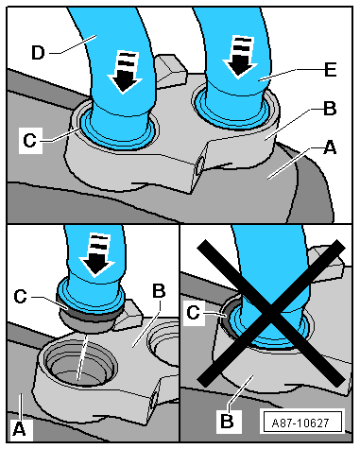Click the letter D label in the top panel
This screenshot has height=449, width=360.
(x=38, y=53)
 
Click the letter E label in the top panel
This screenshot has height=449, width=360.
(x=331, y=69)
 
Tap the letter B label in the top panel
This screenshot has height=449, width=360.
(x=330, y=109)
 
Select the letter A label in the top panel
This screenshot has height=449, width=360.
(x=330, y=147)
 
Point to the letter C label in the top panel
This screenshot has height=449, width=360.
(x=30, y=140)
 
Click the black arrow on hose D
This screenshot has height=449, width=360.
(x=123, y=72)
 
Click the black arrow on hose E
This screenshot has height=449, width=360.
(x=240, y=57)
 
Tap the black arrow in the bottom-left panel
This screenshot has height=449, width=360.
(x=96, y=255)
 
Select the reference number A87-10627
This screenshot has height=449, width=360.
(x=300, y=423)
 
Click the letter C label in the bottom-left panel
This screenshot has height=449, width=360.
(x=21, y=297)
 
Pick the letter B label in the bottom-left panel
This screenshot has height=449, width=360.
(x=159, y=291)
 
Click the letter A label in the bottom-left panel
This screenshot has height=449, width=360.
(x=19, y=429)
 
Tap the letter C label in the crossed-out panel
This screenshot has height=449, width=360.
(x=193, y=313)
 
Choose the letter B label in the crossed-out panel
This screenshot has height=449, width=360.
(x=227, y=422)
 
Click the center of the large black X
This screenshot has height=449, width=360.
(x=271, y=313)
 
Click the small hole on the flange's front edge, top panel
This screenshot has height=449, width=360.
(x=198, y=165)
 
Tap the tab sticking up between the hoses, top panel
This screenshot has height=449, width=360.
(x=169, y=71)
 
